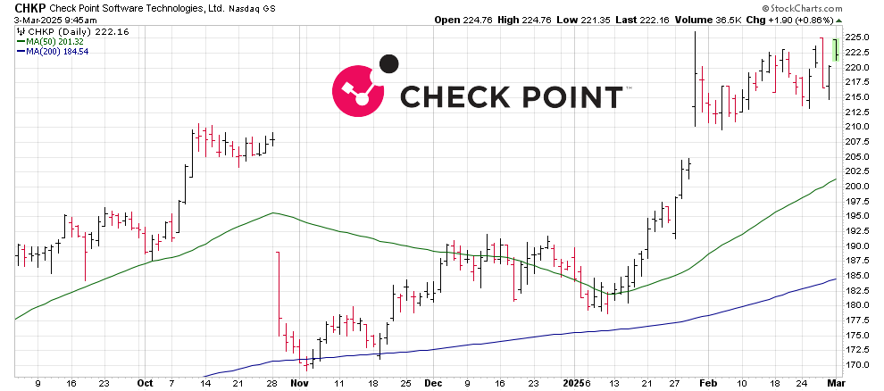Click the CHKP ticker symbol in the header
[x=18, y=7]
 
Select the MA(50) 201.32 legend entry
[x=54, y=41]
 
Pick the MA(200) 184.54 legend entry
[x=55, y=52]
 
